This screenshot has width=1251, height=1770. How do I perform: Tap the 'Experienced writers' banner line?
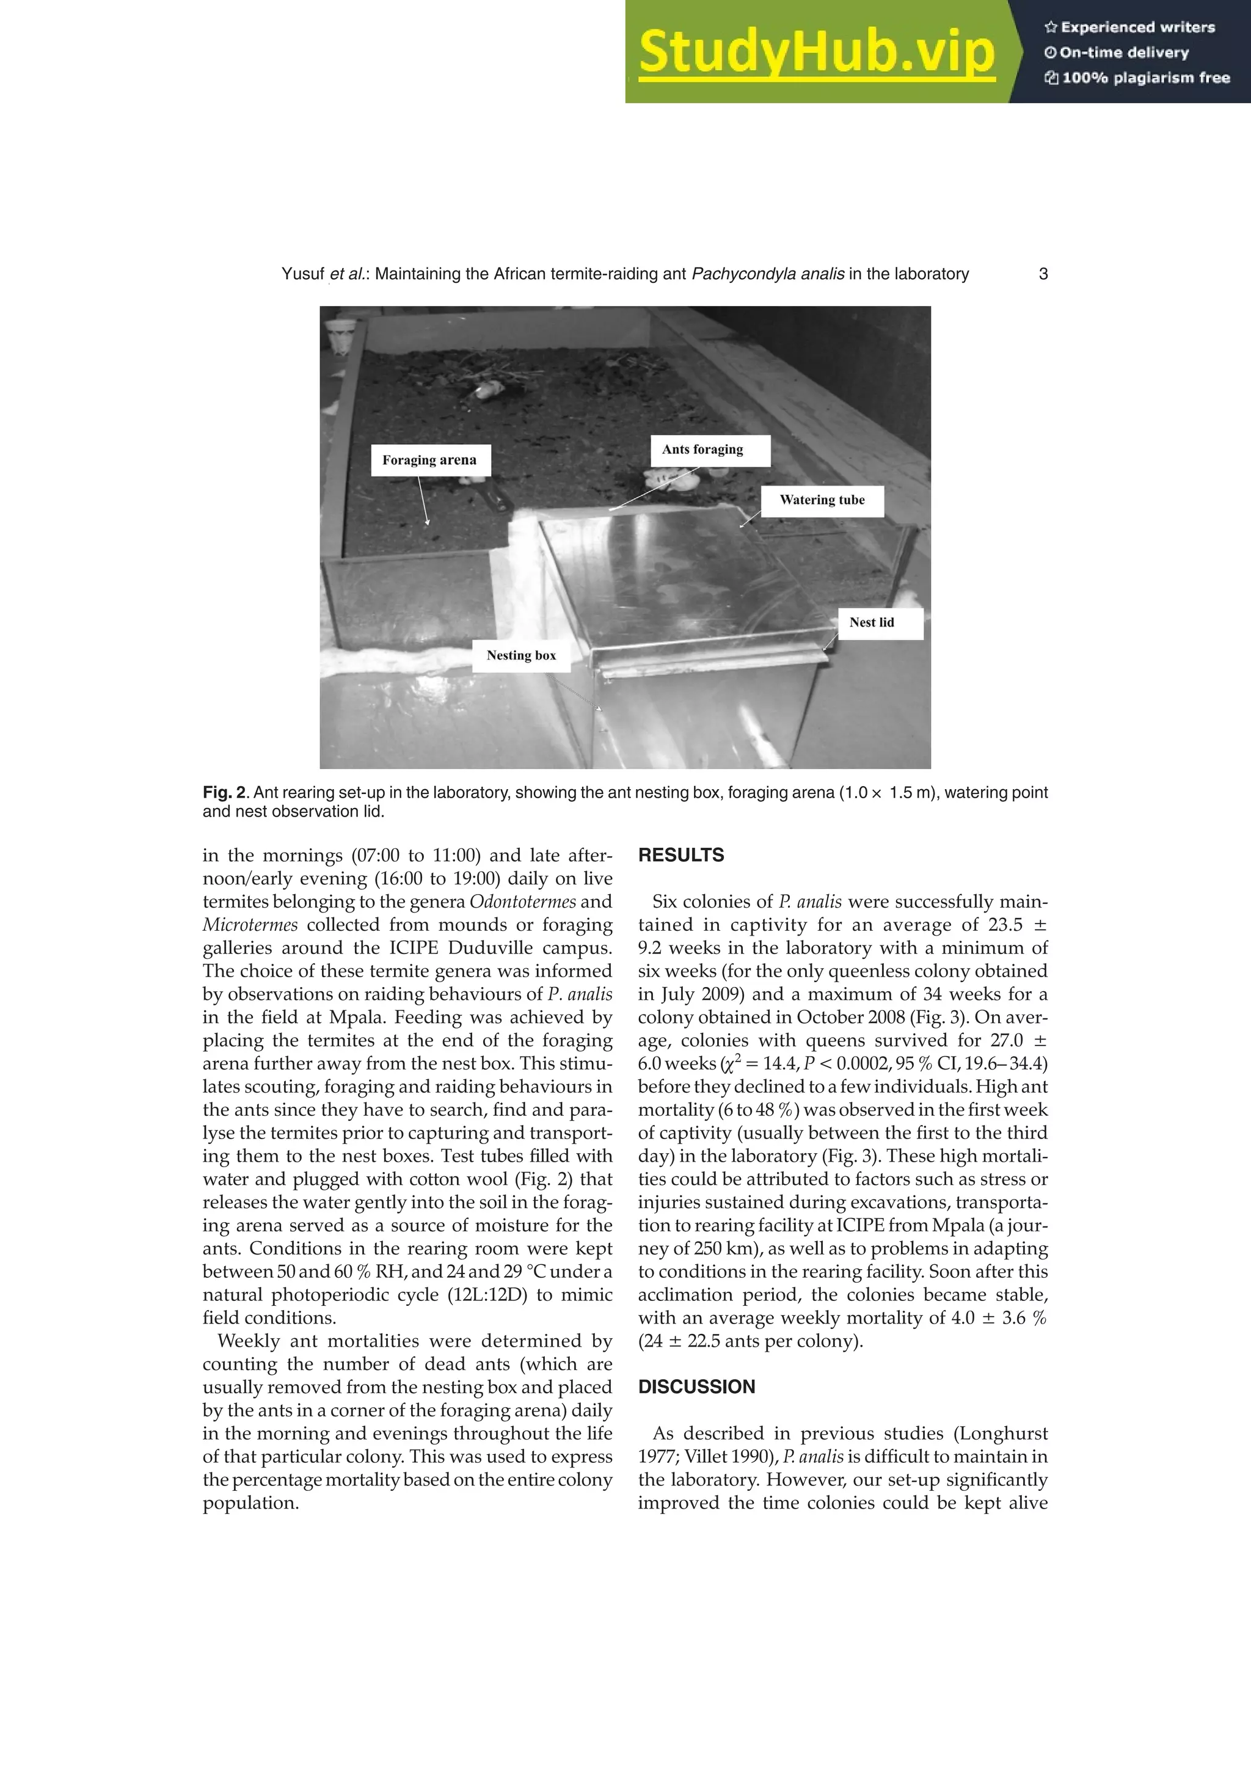click(1129, 27)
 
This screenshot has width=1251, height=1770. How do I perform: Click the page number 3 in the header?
click(1043, 274)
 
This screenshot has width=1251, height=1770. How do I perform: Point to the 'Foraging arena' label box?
click(429, 461)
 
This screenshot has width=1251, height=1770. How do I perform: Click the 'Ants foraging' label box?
click(702, 450)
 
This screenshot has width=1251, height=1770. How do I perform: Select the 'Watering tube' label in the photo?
click(822, 500)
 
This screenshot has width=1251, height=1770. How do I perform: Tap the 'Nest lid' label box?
click(872, 623)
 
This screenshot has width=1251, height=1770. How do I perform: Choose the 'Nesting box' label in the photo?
click(521, 655)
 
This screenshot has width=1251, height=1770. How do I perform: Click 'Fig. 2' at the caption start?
click(224, 793)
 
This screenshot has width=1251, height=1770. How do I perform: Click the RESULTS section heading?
click(680, 855)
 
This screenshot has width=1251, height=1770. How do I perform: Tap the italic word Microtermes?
click(250, 925)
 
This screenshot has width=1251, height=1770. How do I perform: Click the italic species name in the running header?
click(768, 274)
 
